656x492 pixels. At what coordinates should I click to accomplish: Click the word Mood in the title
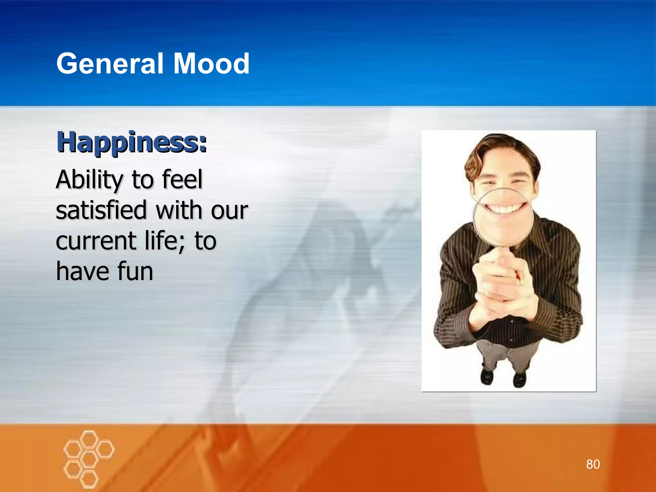click(x=211, y=64)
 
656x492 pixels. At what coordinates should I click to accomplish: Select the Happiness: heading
click(x=132, y=143)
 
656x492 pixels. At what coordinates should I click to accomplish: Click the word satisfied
click(x=101, y=210)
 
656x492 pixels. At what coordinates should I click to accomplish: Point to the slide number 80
click(x=593, y=464)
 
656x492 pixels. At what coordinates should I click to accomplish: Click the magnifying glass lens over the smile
click(x=503, y=218)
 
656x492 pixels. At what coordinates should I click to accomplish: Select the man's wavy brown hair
click(x=500, y=151)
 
